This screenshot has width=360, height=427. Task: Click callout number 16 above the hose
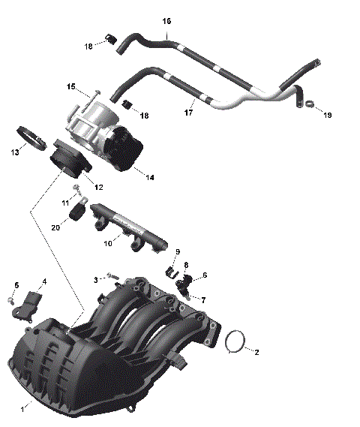(x=166, y=21)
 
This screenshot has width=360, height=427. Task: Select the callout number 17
(x=189, y=113)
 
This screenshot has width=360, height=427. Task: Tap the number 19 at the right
(x=327, y=115)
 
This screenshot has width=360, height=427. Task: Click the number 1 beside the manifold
(x=22, y=409)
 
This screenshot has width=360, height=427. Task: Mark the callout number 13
(x=15, y=152)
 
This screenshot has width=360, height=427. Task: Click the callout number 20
(x=55, y=227)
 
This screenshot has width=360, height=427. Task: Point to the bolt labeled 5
(x=12, y=300)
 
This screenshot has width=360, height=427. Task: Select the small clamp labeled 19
(x=307, y=104)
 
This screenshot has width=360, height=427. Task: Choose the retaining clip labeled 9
(x=169, y=269)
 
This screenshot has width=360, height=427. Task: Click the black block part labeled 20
(x=76, y=215)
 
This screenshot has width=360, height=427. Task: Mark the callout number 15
(x=72, y=87)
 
